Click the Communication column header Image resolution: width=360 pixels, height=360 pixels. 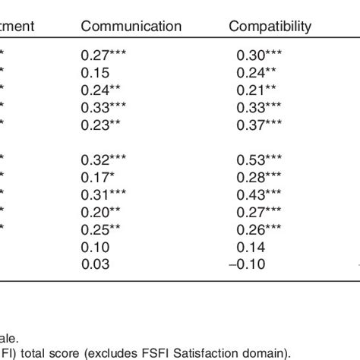[131, 27]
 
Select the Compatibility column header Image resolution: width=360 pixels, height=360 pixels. [270, 27]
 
